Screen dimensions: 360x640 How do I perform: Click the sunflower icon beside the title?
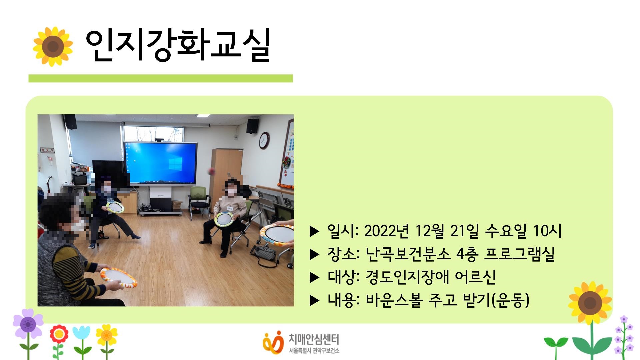53,46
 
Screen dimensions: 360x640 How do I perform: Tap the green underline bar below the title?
160,78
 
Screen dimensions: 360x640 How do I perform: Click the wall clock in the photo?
264,140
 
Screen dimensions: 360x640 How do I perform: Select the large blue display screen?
160,163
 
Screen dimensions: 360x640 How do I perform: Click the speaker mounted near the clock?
252,126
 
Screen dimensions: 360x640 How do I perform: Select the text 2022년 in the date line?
386,231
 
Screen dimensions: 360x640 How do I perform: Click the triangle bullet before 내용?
314,301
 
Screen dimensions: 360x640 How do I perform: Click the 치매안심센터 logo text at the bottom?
313,340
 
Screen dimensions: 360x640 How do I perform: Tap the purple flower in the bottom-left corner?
28,324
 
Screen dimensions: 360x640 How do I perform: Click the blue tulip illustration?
81,333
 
